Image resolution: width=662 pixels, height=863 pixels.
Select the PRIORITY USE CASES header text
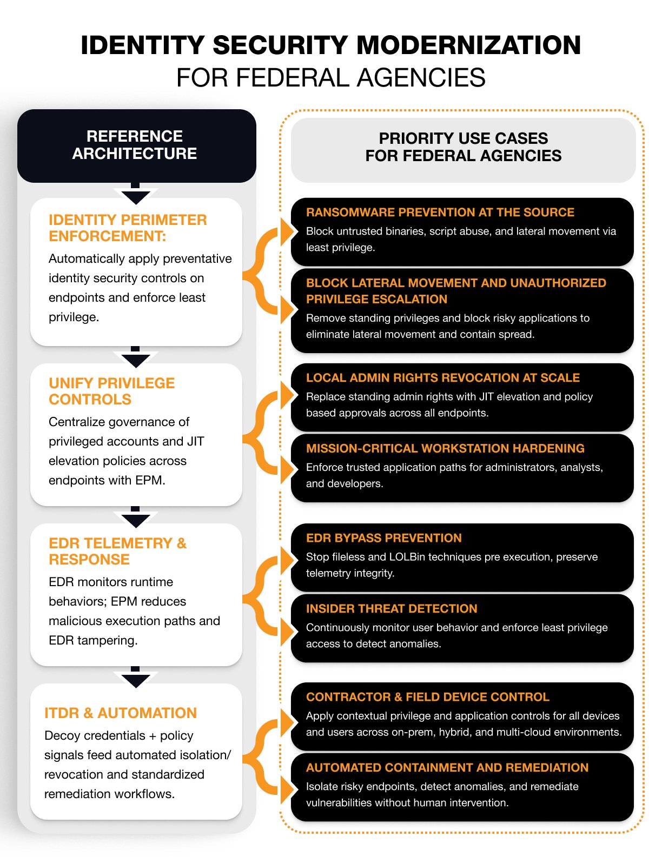point(463,147)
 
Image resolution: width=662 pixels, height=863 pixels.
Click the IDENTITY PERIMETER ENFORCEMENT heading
point(128,228)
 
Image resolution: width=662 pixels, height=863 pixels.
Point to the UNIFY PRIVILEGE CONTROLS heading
point(111,391)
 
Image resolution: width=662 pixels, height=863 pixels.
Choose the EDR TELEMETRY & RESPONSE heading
point(117,551)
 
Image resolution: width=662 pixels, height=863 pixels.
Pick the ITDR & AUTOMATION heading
point(120,713)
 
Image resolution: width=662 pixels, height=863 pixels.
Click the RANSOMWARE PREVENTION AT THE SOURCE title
point(440,213)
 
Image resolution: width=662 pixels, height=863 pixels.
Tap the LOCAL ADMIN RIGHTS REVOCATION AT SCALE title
point(442,377)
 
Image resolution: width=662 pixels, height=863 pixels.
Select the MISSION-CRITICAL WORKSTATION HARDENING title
point(445,448)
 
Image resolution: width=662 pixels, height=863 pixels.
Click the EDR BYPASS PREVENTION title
point(383,538)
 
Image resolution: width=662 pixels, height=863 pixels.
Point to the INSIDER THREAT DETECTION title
point(391,608)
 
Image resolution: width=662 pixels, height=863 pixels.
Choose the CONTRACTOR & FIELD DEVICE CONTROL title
point(427,697)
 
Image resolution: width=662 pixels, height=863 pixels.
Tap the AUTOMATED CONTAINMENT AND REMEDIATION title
point(447,767)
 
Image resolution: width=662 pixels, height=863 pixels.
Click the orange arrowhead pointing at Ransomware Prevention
point(287,231)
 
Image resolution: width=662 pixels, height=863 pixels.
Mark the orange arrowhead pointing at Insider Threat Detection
point(287,630)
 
